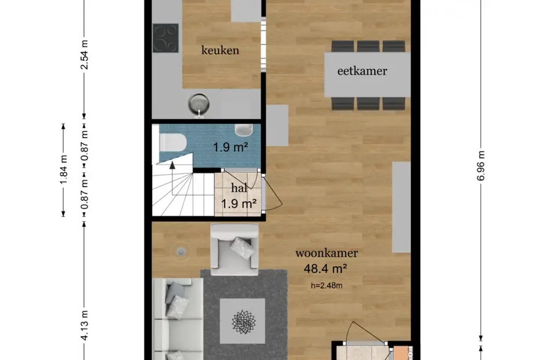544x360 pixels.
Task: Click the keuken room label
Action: tap(220, 50)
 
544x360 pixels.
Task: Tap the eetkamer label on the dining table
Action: tap(362, 71)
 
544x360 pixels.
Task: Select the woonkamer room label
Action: tap(327, 253)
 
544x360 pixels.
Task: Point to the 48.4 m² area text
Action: tap(327, 267)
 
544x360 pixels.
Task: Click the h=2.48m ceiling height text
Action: tap(327, 283)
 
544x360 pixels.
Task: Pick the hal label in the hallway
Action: tap(239, 188)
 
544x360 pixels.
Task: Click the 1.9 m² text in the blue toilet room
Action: tap(230, 147)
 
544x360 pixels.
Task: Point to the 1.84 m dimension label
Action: tap(63, 170)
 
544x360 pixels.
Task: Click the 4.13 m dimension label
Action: tap(85, 325)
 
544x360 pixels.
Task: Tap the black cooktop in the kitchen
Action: tap(166, 38)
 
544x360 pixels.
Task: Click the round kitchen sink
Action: tap(199, 103)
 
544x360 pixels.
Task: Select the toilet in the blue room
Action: tap(172, 142)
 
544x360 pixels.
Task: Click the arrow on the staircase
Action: tap(171, 167)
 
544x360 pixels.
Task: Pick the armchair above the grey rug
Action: tap(233, 248)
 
